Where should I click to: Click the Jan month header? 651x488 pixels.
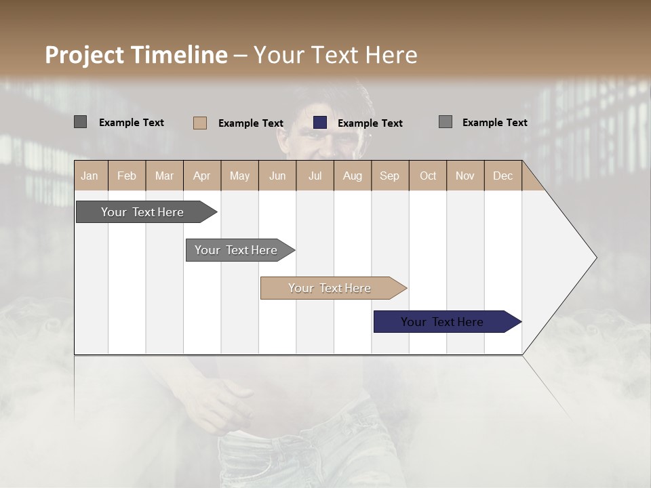point(90,176)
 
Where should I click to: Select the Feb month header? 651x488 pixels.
point(127,176)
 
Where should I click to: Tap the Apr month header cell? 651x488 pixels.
point(202,176)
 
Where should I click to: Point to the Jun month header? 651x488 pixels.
point(277,176)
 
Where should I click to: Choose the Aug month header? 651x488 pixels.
point(353,176)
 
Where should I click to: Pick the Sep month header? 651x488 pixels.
point(390,176)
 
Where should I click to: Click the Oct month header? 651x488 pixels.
point(428,176)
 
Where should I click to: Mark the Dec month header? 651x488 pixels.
point(503,176)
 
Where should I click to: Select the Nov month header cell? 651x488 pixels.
point(465,176)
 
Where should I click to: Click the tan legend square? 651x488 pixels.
point(200,123)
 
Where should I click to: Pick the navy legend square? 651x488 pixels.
point(320,123)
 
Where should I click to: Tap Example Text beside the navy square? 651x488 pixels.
point(370,123)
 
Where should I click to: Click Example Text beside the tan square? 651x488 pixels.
point(251,123)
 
